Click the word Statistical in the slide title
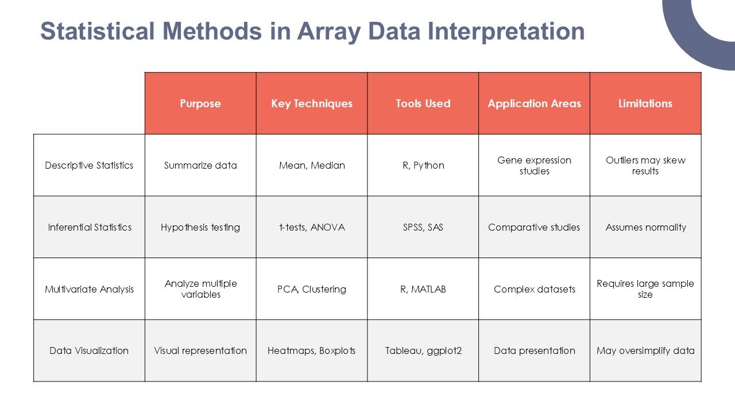(x=98, y=31)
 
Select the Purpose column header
(x=200, y=104)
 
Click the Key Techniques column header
(x=312, y=104)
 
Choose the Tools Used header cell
(x=423, y=104)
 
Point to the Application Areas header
(x=534, y=104)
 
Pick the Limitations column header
(x=645, y=104)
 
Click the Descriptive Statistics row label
(x=89, y=165)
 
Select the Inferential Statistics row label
(x=89, y=227)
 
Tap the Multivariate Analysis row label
(x=89, y=289)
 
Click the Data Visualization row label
(x=89, y=350)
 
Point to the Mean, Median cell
(x=312, y=165)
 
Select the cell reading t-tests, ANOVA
(x=312, y=227)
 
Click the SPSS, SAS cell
(x=423, y=227)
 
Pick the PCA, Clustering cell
(x=312, y=289)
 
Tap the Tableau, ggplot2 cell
(x=423, y=350)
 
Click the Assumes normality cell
(x=645, y=227)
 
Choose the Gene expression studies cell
(x=534, y=165)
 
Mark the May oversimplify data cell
(x=645, y=350)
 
